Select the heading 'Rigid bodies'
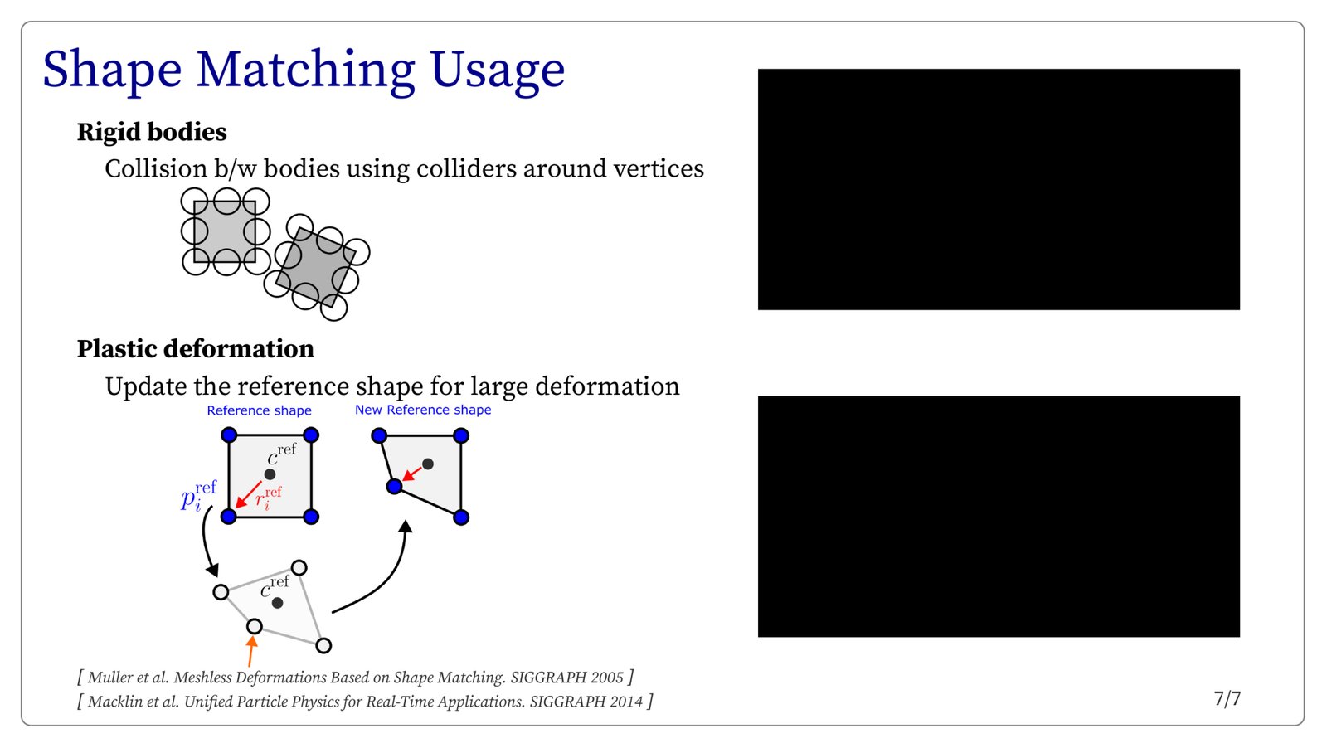coord(152,132)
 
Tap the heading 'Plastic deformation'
coord(196,349)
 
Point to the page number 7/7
coord(1227,699)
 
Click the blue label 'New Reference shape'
coord(423,410)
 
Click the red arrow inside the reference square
coord(248,494)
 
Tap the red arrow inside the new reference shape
coord(411,474)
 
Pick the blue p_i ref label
coord(198,496)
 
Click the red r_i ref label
coord(269,498)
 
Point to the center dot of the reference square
coord(270,474)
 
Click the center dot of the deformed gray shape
coord(277,603)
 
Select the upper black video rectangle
coord(999,190)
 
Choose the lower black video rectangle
coord(999,517)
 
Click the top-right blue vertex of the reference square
coord(311,435)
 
